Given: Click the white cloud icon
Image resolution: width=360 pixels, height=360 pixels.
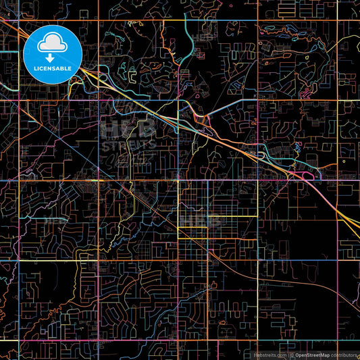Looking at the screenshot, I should tap(52, 44).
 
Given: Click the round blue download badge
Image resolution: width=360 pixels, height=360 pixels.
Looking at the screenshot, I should tap(52, 55).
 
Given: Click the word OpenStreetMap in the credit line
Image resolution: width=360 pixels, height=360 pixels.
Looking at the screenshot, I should tap(313, 355).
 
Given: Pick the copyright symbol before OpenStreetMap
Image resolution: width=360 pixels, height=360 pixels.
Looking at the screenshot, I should tap(292, 355).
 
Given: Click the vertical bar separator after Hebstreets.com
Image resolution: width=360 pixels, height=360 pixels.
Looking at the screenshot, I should tap(286, 355).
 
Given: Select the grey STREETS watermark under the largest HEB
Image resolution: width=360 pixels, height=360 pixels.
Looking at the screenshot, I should tap(128, 143).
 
